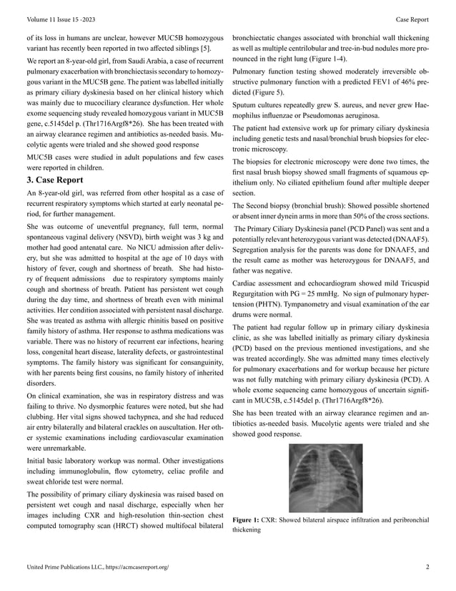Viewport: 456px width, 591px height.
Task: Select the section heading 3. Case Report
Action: click(x=54, y=180)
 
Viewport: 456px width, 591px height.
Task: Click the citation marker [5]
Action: click(x=205, y=47)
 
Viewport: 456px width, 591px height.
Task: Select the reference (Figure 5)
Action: click(x=263, y=93)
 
